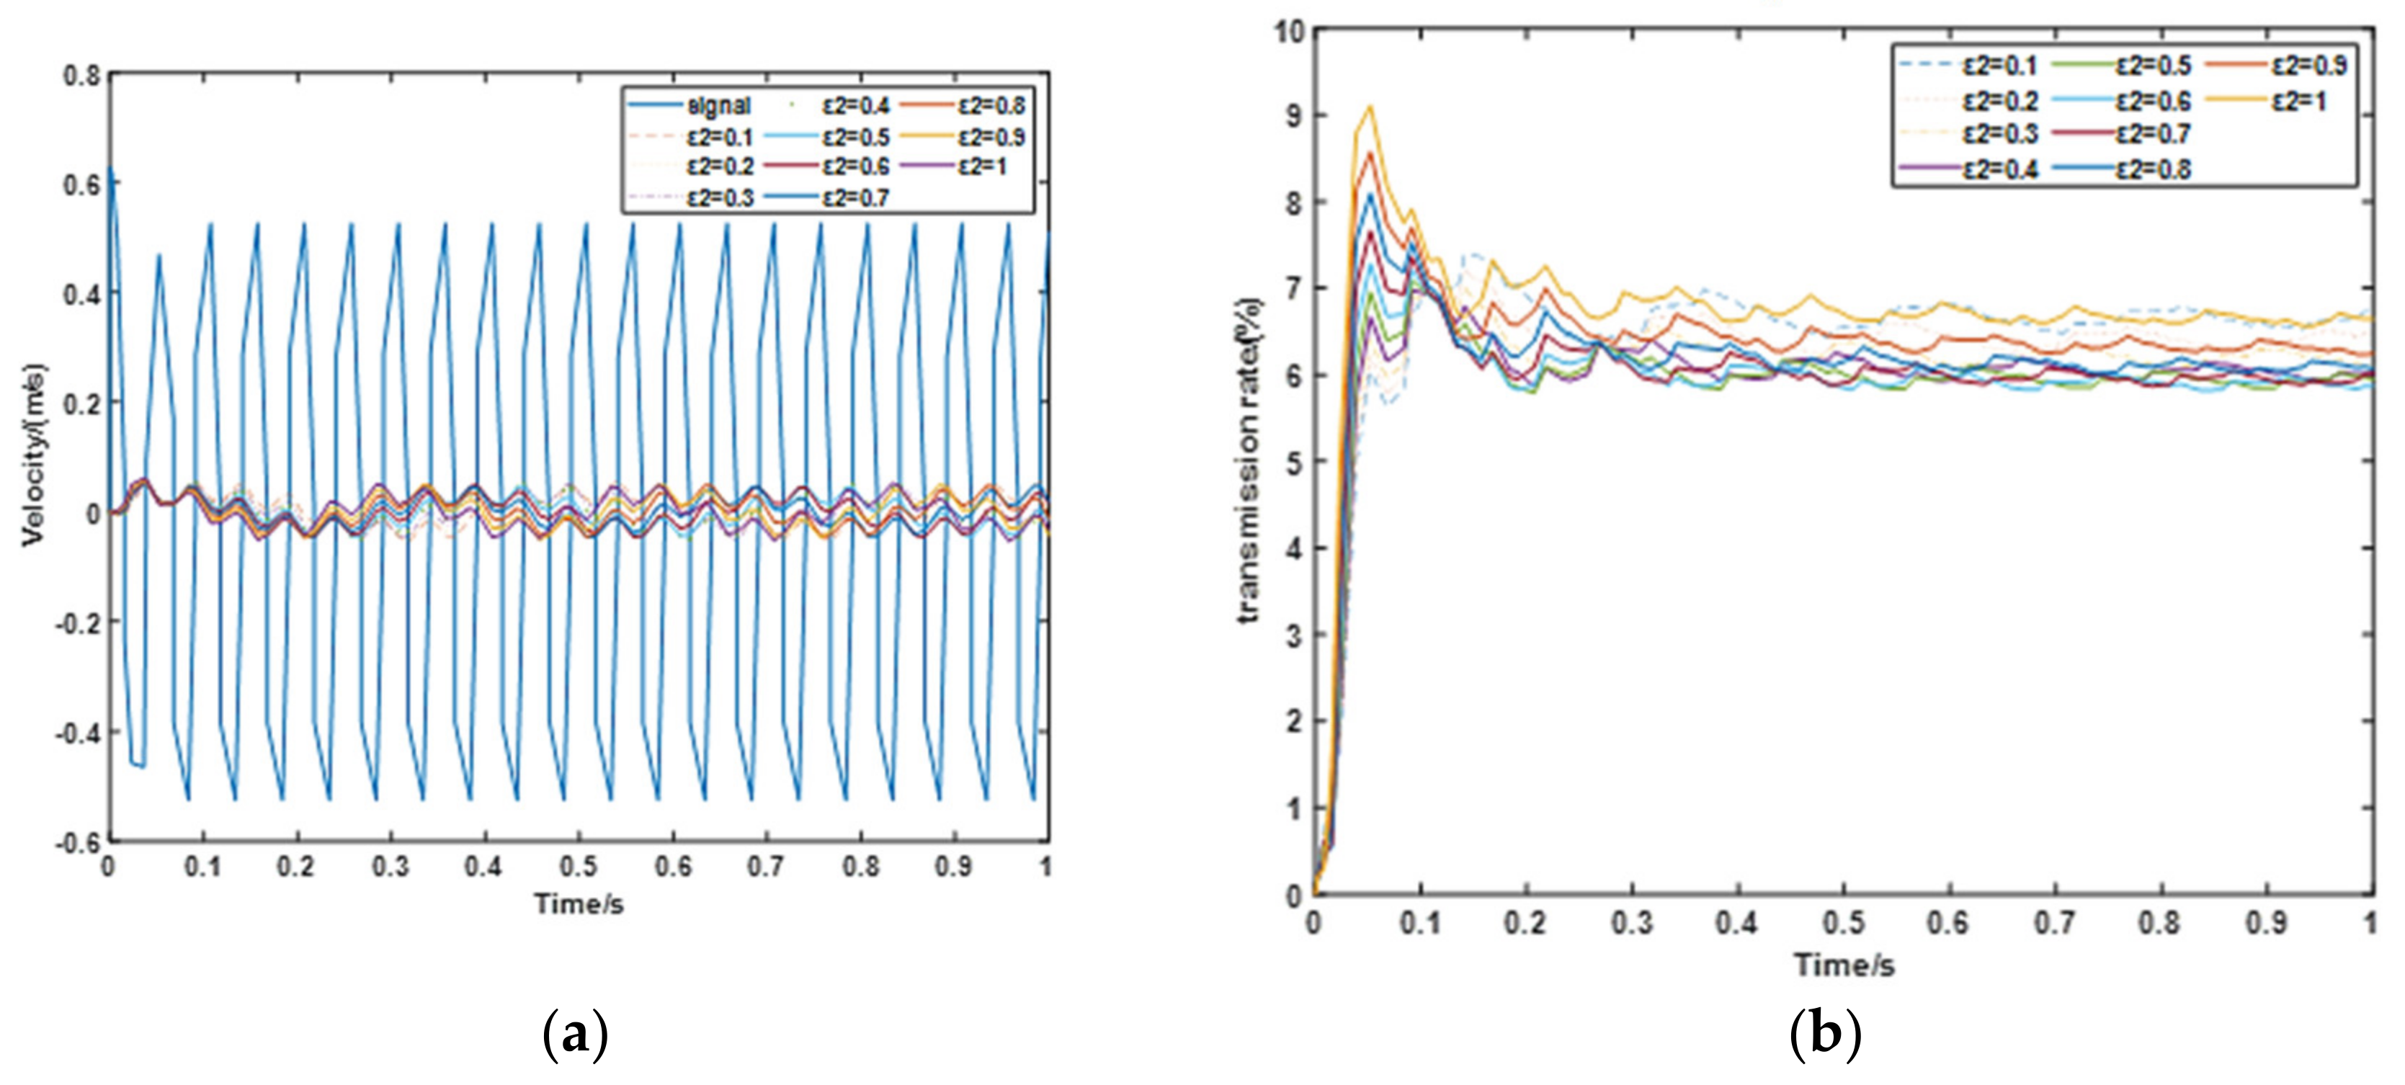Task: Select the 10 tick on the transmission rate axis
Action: pos(1288,31)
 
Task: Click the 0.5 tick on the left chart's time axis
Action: pos(578,867)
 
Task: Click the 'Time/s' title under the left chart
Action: pos(578,904)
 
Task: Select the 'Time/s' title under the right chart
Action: pos(1844,965)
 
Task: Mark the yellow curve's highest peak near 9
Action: pos(1370,107)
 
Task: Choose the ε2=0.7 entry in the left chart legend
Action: pos(855,197)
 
